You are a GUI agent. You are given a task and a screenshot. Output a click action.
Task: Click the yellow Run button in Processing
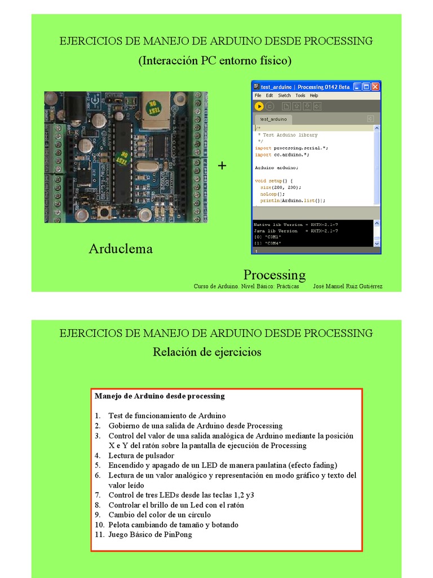coord(259,106)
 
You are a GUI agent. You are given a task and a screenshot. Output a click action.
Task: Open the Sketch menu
coord(284,96)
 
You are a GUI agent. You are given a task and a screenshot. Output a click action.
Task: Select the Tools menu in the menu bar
coord(301,96)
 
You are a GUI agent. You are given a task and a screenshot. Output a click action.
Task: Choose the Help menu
coord(314,96)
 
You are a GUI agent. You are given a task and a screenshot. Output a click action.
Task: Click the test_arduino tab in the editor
coord(273,119)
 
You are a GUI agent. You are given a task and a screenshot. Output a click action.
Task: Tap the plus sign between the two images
coord(222,165)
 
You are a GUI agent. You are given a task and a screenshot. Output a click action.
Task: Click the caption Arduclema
coord(121,249)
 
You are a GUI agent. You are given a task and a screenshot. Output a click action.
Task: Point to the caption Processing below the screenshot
coord(275,275)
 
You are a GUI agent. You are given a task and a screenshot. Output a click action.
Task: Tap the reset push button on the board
coord(104,212)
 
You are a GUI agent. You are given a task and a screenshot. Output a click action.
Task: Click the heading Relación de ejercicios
coord(207,352)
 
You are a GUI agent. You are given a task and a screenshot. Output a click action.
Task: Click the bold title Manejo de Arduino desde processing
coord(160,396)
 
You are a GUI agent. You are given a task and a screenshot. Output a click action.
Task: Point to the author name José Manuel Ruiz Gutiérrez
coord(347,286)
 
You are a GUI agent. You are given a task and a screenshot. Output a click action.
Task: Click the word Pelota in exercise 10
coord(120,525)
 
